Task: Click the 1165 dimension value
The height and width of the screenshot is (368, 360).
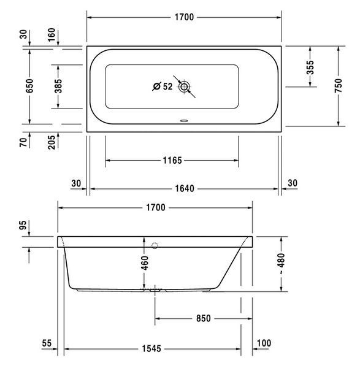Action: (x=172, y=161)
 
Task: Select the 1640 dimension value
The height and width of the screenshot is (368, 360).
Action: (x=185, y=188)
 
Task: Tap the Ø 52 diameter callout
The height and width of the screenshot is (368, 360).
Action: (x=163, y=86)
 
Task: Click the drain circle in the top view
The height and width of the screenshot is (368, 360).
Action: (x=184, y=87)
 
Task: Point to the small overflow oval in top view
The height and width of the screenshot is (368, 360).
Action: (x=184, y=121)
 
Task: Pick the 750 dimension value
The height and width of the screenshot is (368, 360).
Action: (x=339, y=86)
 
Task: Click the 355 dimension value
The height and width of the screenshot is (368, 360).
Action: (x=310, y=67)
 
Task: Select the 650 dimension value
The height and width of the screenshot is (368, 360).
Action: (x=30, y=86)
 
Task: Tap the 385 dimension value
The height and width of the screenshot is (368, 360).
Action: (x=58, y=86)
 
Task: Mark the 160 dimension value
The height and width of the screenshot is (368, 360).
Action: (x=52, y=35)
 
